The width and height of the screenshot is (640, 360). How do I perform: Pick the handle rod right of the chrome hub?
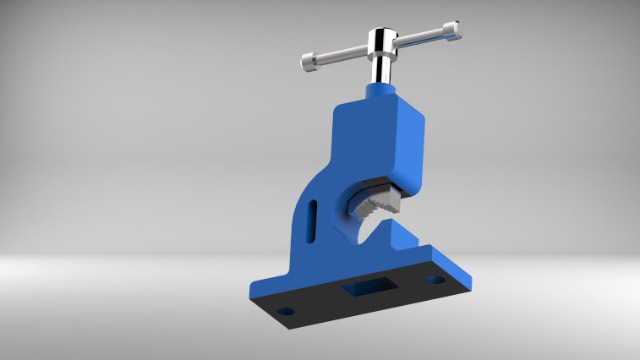coord(420,38)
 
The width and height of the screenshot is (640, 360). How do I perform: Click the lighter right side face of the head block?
coord(410,144)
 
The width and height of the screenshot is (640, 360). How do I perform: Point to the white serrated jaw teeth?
coord(376,203)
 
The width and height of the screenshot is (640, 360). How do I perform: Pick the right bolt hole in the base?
coord(435,279)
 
